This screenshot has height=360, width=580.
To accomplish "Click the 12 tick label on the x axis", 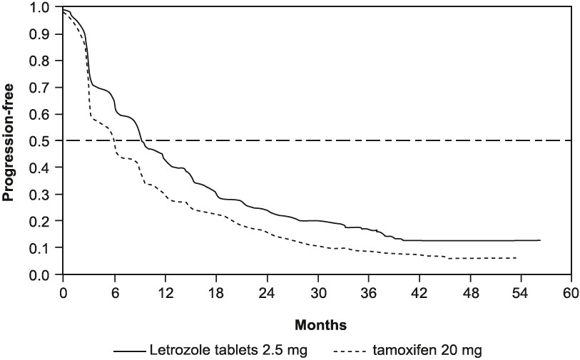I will click(x=165, y=292).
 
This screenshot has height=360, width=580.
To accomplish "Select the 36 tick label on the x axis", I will click(x=367, y=292).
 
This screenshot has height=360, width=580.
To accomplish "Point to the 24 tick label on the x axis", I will click(x=266, y=292).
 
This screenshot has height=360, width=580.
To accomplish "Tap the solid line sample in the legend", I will click(x=128, y=349).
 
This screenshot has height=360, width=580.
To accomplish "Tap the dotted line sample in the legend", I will click(x=350, y=349).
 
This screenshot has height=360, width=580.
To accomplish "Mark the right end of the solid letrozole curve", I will click(x=540, y=240).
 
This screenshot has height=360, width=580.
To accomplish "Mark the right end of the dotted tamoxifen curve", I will click(x=517, y=258).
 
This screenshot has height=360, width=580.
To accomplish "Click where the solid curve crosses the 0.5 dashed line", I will click(x=142, y=141).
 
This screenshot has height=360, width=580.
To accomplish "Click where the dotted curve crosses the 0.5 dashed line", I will click(x=113, y=141).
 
